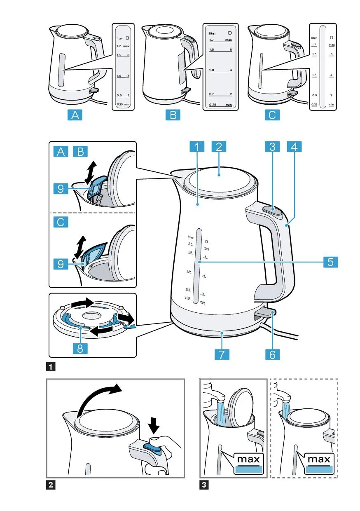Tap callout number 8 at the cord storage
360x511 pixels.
pos(80,349)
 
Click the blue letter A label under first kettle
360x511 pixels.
pos(75,115)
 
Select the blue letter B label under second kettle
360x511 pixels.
pos(173,115)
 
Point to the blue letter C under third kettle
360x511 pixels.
pos(272,115)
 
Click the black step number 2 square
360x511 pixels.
pos(51,485)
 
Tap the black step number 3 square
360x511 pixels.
pos(203,485)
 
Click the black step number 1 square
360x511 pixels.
pos(51,366)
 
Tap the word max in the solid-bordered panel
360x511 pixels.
pos(249,459)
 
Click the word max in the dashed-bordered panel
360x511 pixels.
pos(319,459)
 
